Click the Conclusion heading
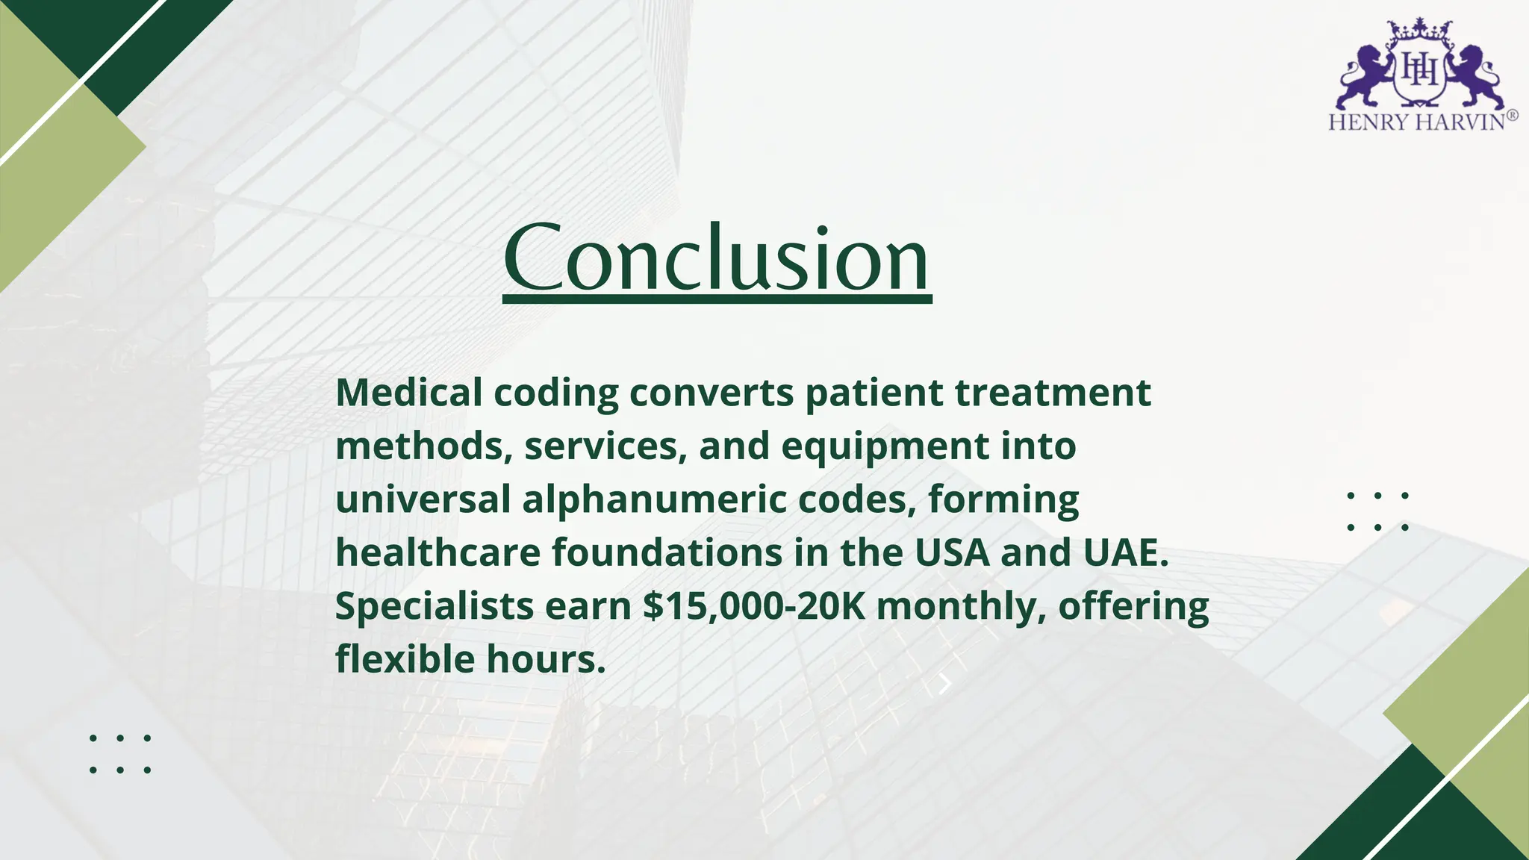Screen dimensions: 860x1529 717,258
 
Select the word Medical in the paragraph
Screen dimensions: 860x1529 409,392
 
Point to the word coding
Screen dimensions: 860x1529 556,393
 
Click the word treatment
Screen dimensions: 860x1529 1053,392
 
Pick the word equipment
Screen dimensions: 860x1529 885,446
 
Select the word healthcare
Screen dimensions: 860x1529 438,552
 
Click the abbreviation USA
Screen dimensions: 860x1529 952,552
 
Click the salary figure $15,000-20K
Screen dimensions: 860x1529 754,606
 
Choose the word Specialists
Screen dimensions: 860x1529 435,606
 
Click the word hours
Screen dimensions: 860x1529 546,659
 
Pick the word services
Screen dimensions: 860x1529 605,446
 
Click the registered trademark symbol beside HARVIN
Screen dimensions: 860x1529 1512,116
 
